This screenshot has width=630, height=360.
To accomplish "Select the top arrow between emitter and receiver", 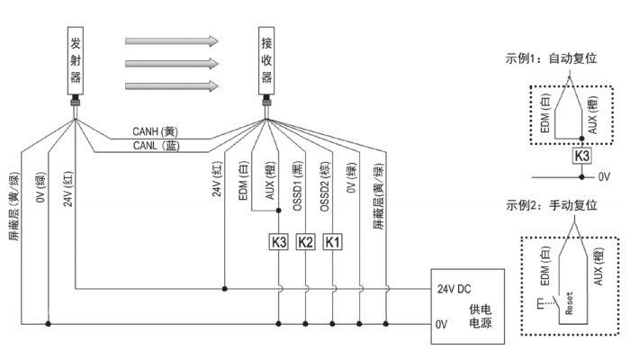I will point(172,41).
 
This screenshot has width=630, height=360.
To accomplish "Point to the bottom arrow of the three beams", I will point(172,86).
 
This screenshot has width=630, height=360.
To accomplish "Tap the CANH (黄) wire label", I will point(160,134).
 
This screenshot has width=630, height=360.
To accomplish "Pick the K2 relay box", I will point(306,241).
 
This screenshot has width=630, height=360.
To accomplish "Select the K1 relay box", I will point(333,241).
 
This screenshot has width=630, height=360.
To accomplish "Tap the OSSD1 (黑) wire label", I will point(305,188).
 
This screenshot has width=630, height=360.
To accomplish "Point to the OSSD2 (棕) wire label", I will point(333,188).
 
